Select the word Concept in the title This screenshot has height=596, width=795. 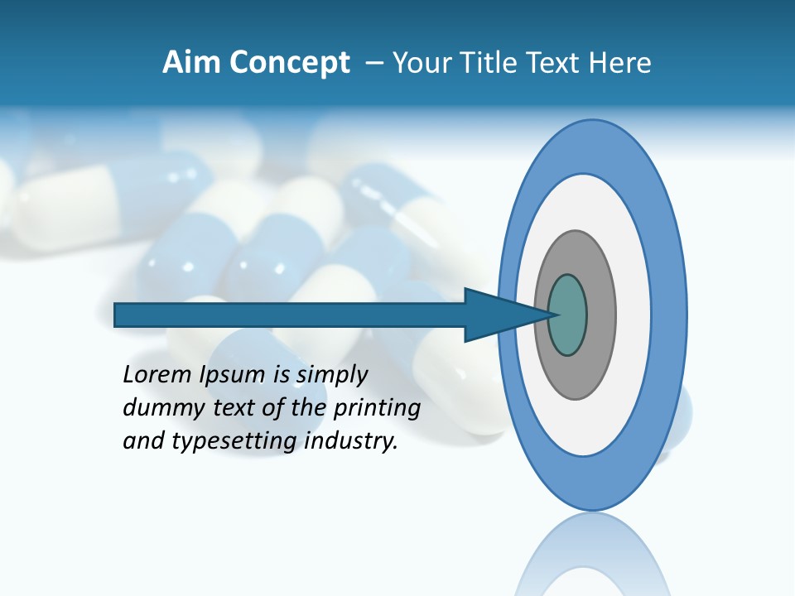(x=288, y=64)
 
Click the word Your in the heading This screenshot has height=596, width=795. (x=419, y=63)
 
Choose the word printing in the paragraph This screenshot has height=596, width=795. (x=376, y=408)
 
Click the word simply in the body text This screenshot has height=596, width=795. (x=331, y=375)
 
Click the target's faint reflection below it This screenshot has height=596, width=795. (x=591, y=555)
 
